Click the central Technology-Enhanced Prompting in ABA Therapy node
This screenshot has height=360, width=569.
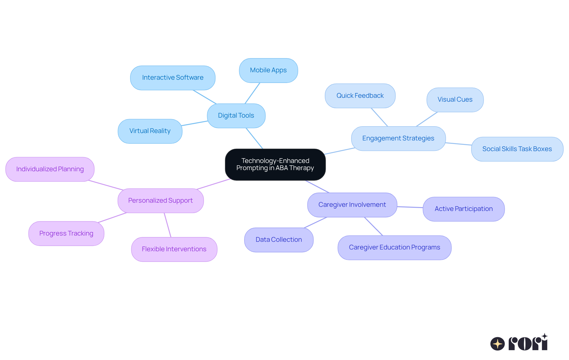[x=275, y=164]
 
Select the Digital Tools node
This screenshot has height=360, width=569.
[x=236, y=116]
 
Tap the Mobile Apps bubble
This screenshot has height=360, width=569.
[x=268, y=70]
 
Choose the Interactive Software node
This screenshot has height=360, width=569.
[x=172, y=78]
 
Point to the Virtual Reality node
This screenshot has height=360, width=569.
[x=150, y=131]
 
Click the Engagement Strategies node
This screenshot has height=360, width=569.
[x=398, y=138]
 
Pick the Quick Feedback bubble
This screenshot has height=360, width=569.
[x=360, y=96]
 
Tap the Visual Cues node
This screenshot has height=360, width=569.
[x=455, y=100]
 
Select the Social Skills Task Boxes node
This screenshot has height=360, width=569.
[x=517, y=149]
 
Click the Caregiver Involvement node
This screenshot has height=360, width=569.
[x=352, y=205]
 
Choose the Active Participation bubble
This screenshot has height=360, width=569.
[x=463, y=209]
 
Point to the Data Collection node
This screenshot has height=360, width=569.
[x=279, y=240]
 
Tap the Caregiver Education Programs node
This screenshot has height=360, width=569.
[x=394, y=247]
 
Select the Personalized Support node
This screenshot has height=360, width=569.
[x=160, y=201]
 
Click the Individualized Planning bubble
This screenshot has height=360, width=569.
[x=50, y=169]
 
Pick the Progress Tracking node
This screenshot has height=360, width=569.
[x=66, y=233]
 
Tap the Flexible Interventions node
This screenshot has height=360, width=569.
[x=174, y=249]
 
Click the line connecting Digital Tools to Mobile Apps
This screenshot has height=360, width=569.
[x=252, y=93]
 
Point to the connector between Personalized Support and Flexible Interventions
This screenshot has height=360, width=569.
[x=168, y=225]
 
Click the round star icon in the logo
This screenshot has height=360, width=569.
[x=497, y=344]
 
